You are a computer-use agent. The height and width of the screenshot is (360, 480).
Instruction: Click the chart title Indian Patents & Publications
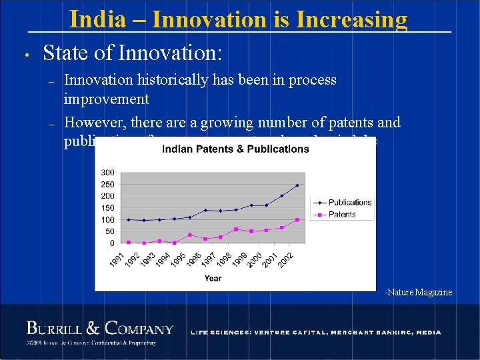point(236,149)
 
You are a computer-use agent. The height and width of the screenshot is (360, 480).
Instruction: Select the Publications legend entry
point(349,202)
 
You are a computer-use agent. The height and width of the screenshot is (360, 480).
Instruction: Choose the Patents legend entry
point(342,214)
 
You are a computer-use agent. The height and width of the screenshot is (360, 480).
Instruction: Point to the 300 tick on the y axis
point(107,173)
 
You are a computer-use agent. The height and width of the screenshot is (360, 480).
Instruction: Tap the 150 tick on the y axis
point(107,207)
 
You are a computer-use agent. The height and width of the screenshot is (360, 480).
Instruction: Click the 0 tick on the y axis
point(111,243)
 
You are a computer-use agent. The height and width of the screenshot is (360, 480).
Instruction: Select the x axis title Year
point(213,278)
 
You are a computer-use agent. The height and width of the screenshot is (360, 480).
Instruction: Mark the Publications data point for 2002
point(297,185)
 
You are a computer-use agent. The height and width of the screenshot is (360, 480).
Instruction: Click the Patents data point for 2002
point(297,219)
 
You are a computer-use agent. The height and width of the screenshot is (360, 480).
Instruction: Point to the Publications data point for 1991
point(129,219)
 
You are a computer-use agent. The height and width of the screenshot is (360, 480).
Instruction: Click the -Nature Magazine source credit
point(418,292)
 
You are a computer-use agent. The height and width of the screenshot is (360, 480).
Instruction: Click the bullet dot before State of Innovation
point(24,55)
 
